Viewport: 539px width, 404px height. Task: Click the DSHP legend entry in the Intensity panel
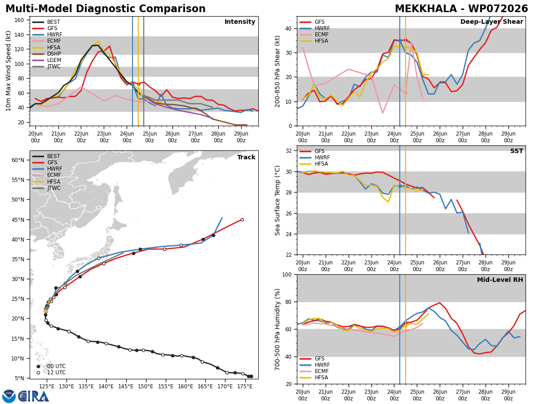47,54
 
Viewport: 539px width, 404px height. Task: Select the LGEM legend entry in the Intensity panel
47,60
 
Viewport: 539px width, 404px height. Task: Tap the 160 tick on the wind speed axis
19,20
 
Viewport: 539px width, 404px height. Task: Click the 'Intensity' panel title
240,22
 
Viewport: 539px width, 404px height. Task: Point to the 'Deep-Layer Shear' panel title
491,22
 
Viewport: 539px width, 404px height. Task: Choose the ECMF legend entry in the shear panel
314,35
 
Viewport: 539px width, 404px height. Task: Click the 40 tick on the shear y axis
288,28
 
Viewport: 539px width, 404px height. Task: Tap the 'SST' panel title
517,151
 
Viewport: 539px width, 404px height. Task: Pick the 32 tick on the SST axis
288,151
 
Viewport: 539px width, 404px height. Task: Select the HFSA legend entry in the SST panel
314,164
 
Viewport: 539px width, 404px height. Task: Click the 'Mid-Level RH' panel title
500,280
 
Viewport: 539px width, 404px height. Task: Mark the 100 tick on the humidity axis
287,274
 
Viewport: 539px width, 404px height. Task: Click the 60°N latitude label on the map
18,160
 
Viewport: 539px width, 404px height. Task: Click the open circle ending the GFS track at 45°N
242,220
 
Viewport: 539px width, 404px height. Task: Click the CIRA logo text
33,397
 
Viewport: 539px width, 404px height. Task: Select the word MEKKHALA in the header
425,9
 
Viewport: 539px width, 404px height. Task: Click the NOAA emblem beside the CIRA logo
9,396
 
